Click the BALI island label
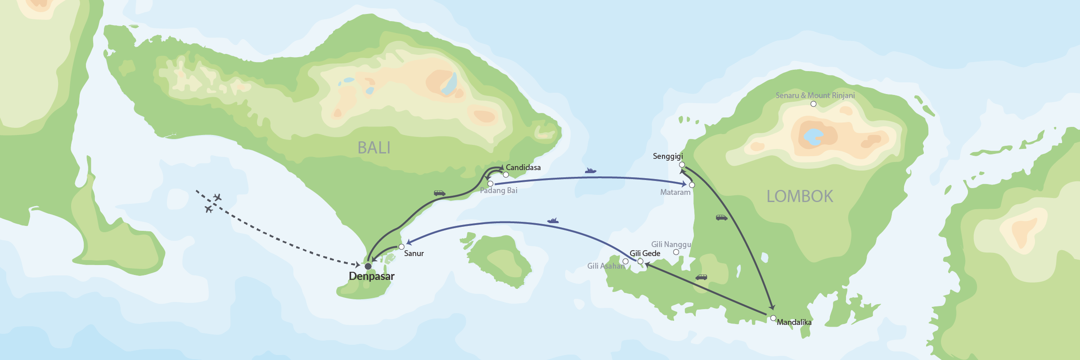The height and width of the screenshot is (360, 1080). (374, 148)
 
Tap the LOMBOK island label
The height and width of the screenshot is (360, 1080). (800, 196)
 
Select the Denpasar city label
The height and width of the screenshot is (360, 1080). (372, 276)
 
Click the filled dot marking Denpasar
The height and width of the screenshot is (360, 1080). (368, 266)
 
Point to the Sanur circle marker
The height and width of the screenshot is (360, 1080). (401, 247)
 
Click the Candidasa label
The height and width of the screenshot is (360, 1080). (523, 167)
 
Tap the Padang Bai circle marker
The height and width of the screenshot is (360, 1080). (490, 184)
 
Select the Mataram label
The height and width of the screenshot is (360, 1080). (675, 192)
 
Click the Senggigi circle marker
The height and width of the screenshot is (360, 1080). (682, 165)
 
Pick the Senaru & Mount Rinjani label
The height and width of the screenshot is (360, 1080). (815, 95)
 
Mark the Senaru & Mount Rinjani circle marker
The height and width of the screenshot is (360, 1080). (813, 104)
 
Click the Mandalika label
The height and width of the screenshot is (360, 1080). (794, 322)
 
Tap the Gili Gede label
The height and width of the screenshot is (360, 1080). (645, 253)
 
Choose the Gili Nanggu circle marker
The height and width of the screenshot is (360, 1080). (676, 252)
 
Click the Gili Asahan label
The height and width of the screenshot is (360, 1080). (606, 266)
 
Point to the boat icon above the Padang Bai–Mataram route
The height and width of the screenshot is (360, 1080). (590, 171)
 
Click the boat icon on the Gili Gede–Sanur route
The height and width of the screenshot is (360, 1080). (553, 220)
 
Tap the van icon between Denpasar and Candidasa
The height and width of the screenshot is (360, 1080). (440, 193)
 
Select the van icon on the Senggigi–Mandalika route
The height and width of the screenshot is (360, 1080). (721, 218)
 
